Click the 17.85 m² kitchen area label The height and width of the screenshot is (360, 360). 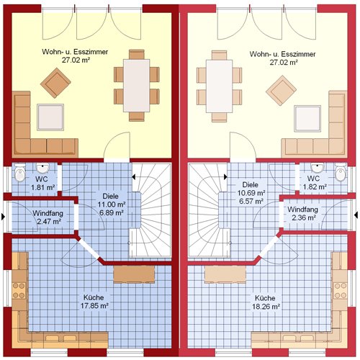click(94, 302)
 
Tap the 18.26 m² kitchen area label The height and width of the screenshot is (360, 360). click(266, 302)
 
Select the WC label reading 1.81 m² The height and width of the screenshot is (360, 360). click(42, 183)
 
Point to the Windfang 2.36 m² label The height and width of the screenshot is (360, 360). click(303, 213)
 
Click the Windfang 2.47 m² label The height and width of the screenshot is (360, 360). click(48, 217)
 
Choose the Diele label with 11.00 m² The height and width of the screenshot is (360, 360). click(111, 204)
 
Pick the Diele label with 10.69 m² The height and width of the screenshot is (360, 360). click(251, 193)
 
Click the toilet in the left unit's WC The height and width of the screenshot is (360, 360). click(20, 172)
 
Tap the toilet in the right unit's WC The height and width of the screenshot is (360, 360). click(341, 172)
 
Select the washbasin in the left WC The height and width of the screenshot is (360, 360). click(43, 168)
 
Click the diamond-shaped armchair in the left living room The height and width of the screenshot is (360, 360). click(55, 83)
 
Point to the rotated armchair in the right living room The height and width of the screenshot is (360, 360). click(281, 90)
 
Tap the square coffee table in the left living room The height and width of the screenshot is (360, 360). click(50, 117)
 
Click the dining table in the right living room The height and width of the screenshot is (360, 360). click(219, 86)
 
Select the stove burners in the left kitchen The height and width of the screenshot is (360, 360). click(19, 291)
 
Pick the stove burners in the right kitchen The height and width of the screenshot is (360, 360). click(341, 291)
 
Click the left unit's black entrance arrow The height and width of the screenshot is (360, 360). click(3, 216)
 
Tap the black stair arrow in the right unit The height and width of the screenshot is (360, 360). click(225, 177)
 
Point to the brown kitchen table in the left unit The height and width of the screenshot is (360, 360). click(134, 274)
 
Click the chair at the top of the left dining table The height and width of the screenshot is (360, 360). click(137, 55)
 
